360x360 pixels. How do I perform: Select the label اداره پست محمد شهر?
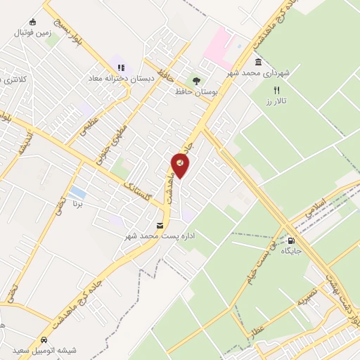point(160,236)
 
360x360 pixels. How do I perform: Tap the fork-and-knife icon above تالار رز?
point(276,90)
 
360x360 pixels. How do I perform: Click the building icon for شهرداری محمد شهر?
point(259,62)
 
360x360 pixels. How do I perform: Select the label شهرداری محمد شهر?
point(259,72)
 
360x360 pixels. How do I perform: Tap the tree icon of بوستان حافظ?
point(196,81)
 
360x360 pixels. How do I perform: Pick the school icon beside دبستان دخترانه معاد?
point(121,67)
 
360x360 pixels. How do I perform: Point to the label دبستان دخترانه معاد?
point(120,78)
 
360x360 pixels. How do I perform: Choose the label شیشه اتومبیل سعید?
point(44,349)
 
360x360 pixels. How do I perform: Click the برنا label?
point(77,203)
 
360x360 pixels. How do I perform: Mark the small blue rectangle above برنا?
point(78,191)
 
